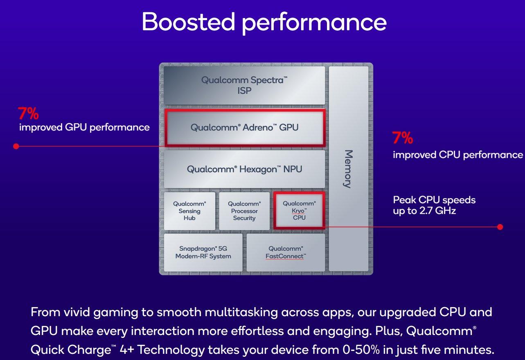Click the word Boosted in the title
[x=189, y=22]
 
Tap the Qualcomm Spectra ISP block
[x=244, y=85]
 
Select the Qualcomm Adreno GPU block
[x=245, y=128]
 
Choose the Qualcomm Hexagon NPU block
[x=244, y=169]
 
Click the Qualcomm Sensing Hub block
[x=189, y=211]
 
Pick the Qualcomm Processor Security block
[x=244, y=211]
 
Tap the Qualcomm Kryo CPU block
[x=299, y=211]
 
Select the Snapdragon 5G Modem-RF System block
[x=203, y=252]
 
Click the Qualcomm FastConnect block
[x=286, y=252]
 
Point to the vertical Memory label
[x=348, y=169]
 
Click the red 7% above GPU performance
[x=28, y=113]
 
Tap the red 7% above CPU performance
[x=403, y=138]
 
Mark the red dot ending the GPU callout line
[x=16, y=146]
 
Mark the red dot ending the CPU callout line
[x=500, y=227]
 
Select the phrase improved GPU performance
[x=84, y=128]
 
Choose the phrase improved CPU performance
[x=458, y=155]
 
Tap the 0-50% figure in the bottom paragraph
[x=361, y=350]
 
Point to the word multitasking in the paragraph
[x=241, y=312]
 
